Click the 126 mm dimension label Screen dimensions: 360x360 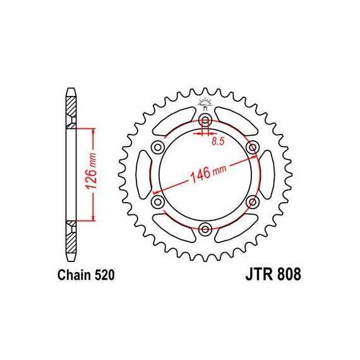click(x=91, y=171)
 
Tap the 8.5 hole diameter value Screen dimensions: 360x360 click(x=218, y=141)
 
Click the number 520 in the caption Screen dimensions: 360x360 click(x=104, y=275)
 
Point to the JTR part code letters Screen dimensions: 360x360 click(x=259, y=274)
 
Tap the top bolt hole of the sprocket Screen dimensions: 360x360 click(x=205, y=119)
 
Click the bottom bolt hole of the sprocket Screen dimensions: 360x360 click(x=205, y=229)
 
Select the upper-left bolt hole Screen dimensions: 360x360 click(x=158, y=147)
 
